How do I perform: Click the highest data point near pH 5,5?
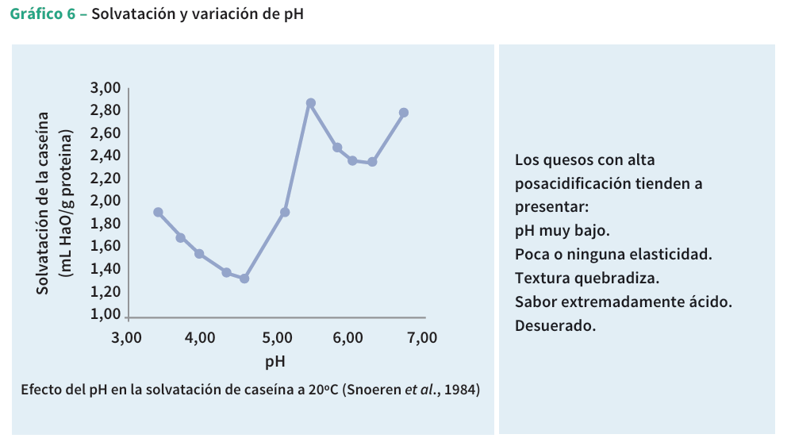[x=311, y=103]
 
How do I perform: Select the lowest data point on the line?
[x=244, y=279]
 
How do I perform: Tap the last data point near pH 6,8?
[x=404, y=113]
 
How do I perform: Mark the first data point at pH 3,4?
[x=158, y=213]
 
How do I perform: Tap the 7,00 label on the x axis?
[x=421, y=337]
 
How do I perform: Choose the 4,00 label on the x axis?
[x=199, y=337]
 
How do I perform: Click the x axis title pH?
[x=275, y=362]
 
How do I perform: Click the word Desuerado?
[x=555, y=325]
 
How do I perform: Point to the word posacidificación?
[x=573, y=183]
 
